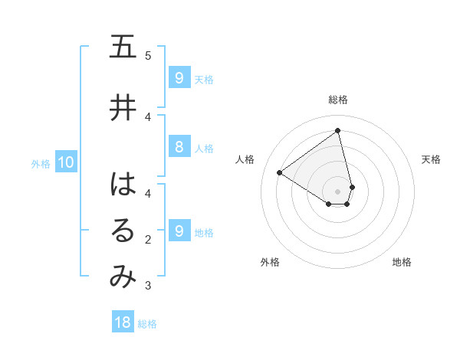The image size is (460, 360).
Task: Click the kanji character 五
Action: tap(123, 47)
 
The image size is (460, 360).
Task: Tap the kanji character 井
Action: tap(123, 108)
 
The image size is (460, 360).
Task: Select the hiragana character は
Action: tap(123, 185)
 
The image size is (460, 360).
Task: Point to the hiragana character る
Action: tap(123, 231)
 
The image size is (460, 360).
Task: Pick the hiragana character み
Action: tap(123, 277)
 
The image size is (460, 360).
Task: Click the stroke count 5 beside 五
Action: tap(148, 55)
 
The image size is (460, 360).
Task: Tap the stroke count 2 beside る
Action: tap(148, 240)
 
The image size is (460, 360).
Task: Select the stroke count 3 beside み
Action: tap(148, 286)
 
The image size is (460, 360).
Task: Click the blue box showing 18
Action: tap(123, 322)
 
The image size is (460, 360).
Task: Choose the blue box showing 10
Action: tap(65, 162)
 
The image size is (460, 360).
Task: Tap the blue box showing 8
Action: tap(179, 148)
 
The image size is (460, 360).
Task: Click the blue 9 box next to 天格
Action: tap(179, 78)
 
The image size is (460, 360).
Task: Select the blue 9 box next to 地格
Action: tap(179, 231)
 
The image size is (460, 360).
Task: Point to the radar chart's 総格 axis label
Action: tap(338, 100)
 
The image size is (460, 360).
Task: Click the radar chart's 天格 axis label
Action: tap(432, 159)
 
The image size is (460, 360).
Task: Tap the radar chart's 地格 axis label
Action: tap(402, 262)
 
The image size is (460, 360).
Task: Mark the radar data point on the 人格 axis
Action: tap(280, 172)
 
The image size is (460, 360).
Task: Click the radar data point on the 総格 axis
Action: tap(338, 130)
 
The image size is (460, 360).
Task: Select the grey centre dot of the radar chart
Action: tap(338, 191)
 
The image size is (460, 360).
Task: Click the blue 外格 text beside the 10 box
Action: tap(41, 163)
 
